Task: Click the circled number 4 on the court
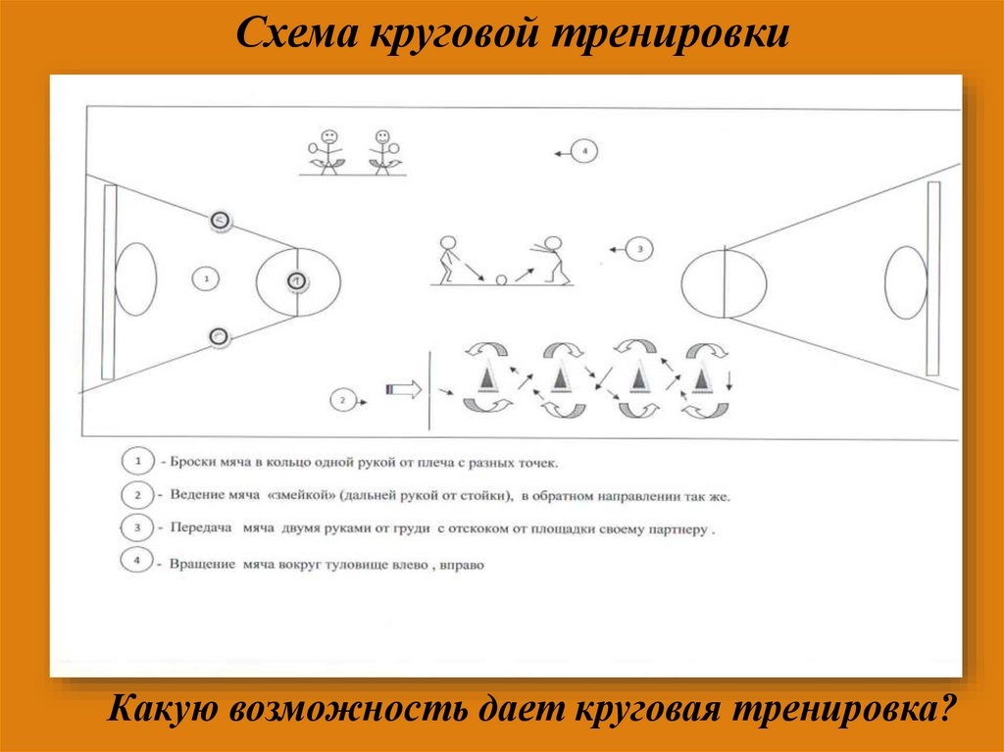(x=583, y=152)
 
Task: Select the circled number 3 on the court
(x=638, y=250)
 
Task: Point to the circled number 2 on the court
(x=342, y=400)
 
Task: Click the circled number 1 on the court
(x=206, y=279)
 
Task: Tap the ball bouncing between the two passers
(x=502, y=280)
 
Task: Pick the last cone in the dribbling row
(x=702, y=376)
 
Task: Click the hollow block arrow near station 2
(x=404, y=389)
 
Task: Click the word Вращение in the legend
(x=201, y=565)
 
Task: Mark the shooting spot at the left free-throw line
(x=295, y=281)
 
